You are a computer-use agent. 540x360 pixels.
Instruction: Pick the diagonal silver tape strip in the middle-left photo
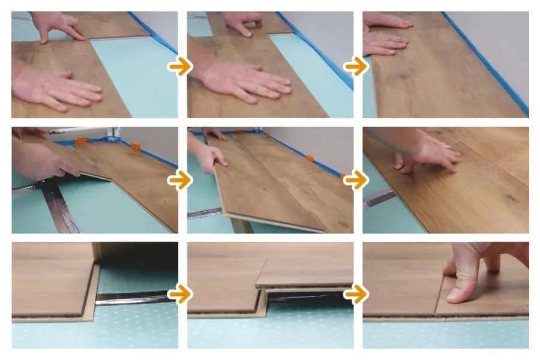[60, 207]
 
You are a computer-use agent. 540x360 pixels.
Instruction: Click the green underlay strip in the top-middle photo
[312, 72]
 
